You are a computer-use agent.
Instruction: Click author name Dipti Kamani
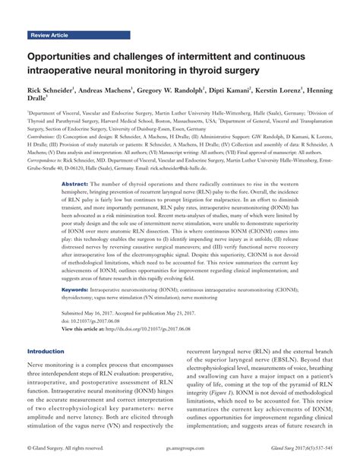pos(244,91)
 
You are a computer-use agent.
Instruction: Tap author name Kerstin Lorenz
pos(295,91)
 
